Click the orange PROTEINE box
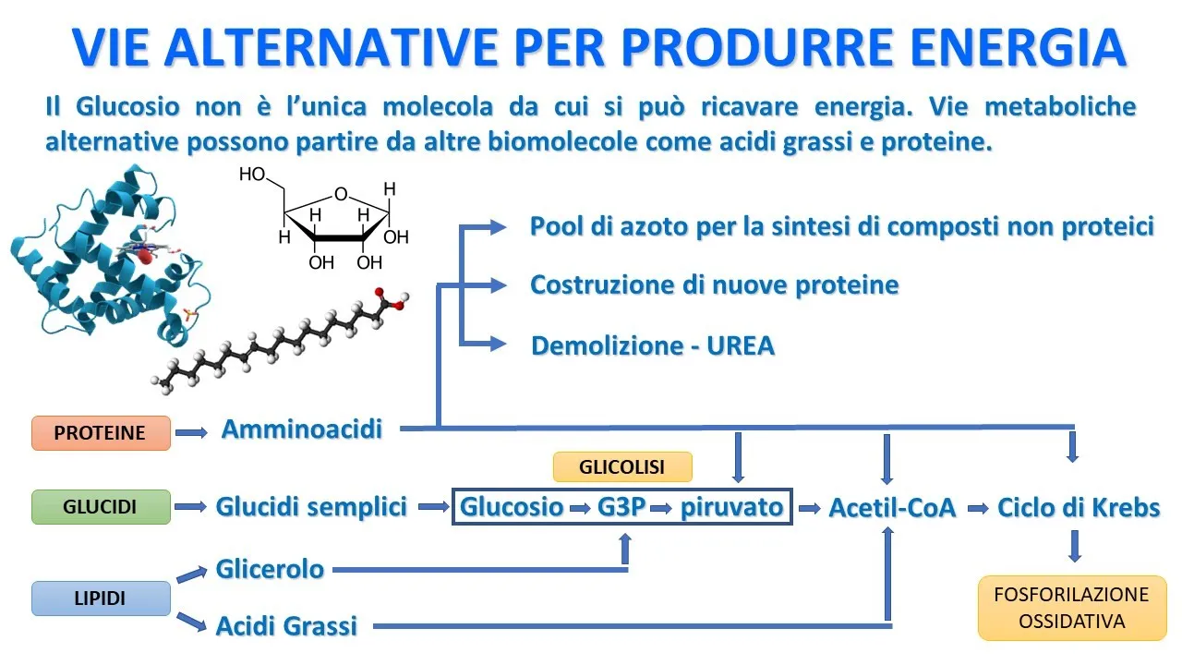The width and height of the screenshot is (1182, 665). [101, 432]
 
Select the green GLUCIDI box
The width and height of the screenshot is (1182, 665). [101, 507]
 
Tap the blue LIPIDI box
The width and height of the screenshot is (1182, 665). [101, 598]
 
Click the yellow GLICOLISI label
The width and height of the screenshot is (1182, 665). [621, 467]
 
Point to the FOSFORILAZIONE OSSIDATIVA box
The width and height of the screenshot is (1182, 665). [1071, 608]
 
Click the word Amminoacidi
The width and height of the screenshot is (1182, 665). [302, 429]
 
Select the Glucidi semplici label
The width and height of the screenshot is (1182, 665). [311, 507]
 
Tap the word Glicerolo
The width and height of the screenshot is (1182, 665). [270, 569]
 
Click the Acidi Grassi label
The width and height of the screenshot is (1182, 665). [286, 625]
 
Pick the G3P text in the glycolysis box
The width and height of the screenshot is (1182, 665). [621, 507]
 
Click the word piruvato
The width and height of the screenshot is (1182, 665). [731, 507]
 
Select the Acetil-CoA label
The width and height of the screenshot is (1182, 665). [892, 507]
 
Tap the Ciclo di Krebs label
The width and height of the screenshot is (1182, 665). [1079, 507]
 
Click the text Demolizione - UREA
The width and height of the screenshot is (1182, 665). [653, 346]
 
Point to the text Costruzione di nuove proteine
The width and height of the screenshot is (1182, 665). [714, 284]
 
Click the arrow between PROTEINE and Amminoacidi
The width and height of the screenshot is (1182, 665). [191, 431]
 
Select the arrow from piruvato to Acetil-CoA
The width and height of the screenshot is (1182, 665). [810, 507]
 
